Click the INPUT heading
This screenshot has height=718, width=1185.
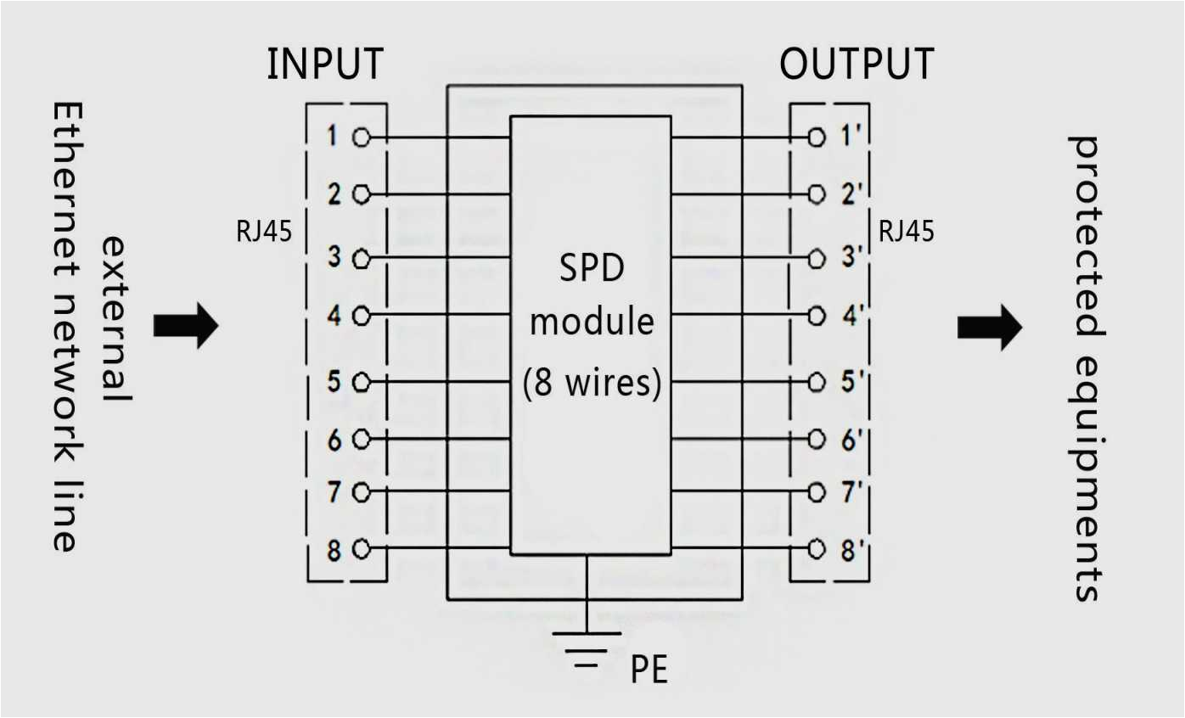325,65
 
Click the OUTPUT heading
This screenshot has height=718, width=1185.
856,65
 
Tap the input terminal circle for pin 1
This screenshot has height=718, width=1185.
361,137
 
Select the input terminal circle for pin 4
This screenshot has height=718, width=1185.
361,317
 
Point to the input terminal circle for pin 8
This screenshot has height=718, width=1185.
361,548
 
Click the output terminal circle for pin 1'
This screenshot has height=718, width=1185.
817,137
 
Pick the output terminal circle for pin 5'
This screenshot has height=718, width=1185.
817,382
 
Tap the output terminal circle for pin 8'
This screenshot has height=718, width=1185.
817,548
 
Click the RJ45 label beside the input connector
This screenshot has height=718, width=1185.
263,231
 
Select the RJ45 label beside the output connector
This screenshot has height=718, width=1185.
906,231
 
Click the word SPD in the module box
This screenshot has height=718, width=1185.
590,269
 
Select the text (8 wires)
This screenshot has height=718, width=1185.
592,384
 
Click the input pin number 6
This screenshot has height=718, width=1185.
334,440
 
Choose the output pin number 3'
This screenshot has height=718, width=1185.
851,257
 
